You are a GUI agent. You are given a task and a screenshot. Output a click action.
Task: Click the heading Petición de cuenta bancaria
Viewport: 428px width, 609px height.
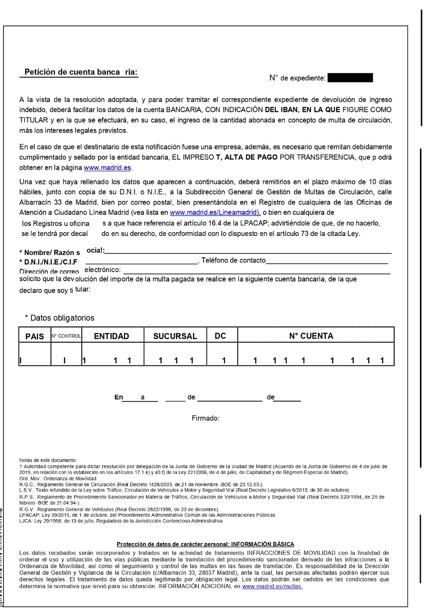pos(80,72)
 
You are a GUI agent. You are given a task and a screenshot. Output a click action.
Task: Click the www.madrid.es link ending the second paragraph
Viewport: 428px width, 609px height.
pos(107,167)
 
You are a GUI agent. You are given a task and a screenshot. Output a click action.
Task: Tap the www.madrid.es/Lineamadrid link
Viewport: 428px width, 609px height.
pos(215,212)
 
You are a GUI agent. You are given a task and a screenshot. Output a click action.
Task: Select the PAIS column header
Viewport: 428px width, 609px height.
pos(34,336)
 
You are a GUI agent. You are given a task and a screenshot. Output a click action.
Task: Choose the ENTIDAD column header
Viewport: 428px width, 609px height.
pos(111,336)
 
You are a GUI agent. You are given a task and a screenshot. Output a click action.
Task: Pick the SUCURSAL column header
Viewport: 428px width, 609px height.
pos(175,336)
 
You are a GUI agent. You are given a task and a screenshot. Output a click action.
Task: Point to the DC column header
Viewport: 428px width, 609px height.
pos(220,336)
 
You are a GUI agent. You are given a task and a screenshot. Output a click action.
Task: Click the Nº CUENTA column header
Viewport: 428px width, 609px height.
pos(311,336)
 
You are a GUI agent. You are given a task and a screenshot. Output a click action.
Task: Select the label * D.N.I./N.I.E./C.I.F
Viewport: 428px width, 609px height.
pos(48,261)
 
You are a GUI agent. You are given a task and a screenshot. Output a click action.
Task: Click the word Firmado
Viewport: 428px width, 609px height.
pos(205,418)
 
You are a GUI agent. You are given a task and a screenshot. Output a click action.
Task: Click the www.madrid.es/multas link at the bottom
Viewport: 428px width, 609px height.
pos(272,587)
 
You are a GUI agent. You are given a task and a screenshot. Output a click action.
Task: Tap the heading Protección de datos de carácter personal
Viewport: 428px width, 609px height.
pos(205,544)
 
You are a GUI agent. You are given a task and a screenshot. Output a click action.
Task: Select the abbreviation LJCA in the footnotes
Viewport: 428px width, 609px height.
pos(26,521)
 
